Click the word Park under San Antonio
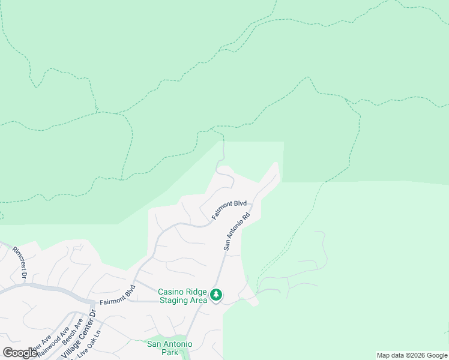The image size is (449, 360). [x=170, y=353]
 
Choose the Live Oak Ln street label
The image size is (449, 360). [x=90, y=344]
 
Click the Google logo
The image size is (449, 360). [x=20, y=353]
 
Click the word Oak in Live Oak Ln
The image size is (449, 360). [x=89, y=344]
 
